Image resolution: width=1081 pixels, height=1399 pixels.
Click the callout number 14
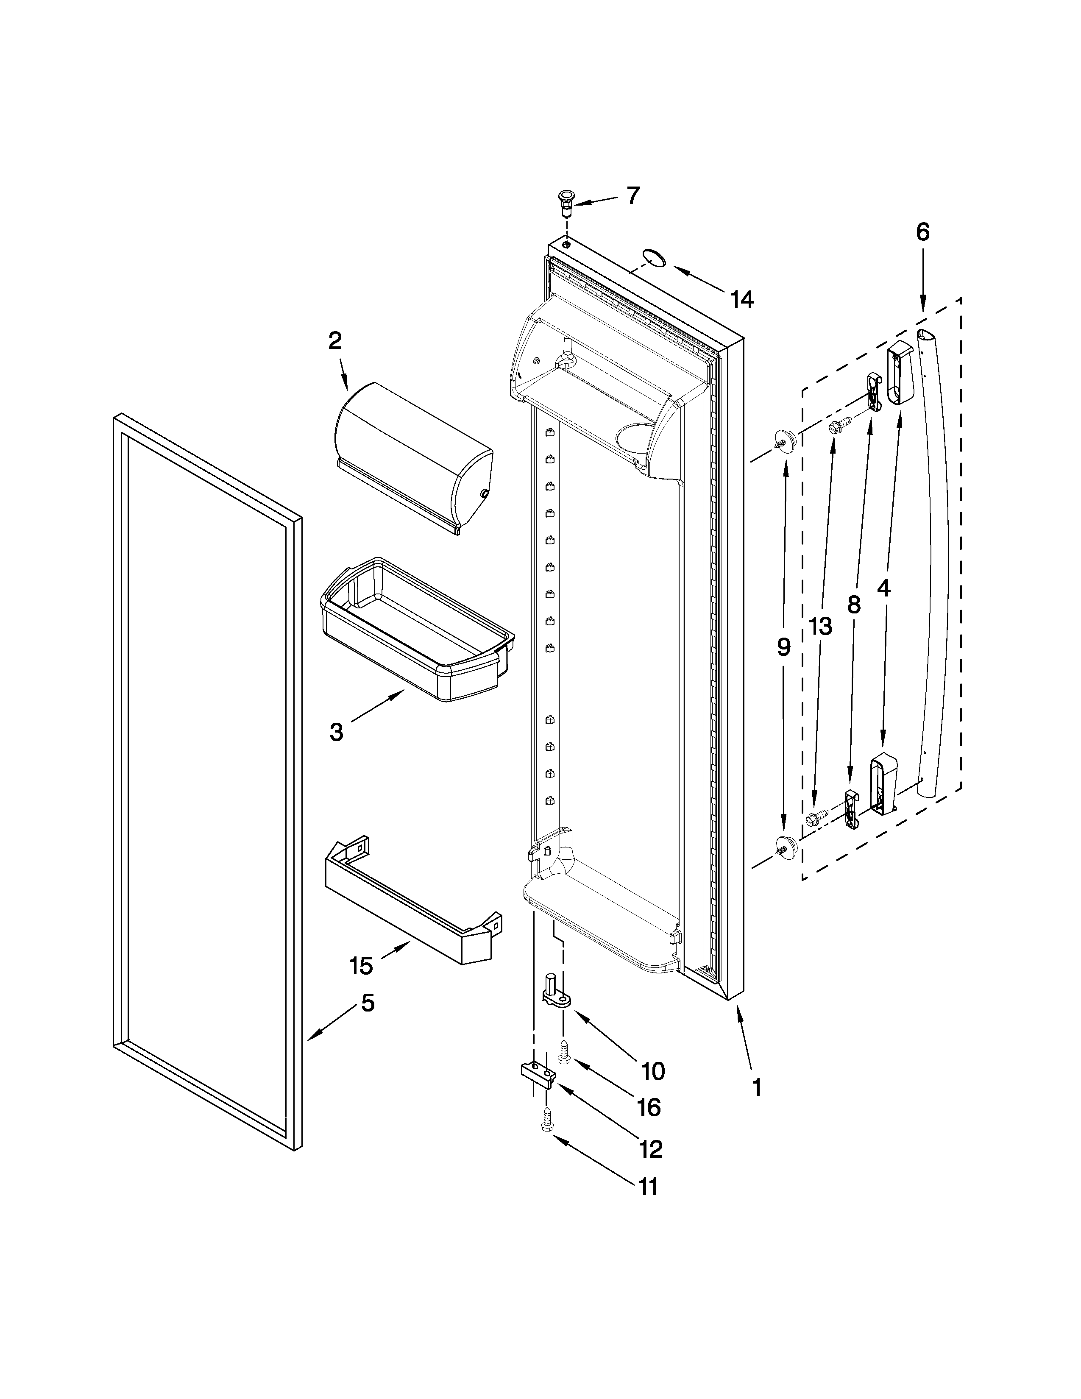coord(741,299)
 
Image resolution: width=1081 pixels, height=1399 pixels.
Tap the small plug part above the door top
coord(566,202)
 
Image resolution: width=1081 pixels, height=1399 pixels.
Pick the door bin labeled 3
coord(416,630)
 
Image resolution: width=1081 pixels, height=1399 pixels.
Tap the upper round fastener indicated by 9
coord(784,440)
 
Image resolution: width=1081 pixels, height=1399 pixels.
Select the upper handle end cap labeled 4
coord(899,373)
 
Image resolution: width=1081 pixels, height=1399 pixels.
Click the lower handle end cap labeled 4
coord(883,783)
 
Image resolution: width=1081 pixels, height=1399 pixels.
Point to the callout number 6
coord(922,232)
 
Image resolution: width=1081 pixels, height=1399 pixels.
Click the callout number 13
coord(820,626)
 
